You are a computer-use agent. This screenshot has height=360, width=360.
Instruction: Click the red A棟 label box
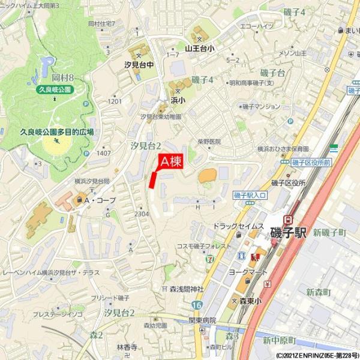pyautogui.click(x=170, y=161)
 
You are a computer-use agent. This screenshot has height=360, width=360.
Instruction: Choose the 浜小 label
pyautogui.click(x=178, y=100)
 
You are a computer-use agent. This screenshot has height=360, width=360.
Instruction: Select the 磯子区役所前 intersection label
pyautogui.click(x=311, y=163)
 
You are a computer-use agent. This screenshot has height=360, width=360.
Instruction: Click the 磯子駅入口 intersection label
pyautogui.click(x=250, y=195)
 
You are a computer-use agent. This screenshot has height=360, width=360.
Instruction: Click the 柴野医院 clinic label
pyautogui.click(x=209, y=142)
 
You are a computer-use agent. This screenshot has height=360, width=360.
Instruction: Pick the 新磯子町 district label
pyautogui.click(x=329, y=232)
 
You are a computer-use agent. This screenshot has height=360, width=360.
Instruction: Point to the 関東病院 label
pyautogui.click(x=202, y=320)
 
